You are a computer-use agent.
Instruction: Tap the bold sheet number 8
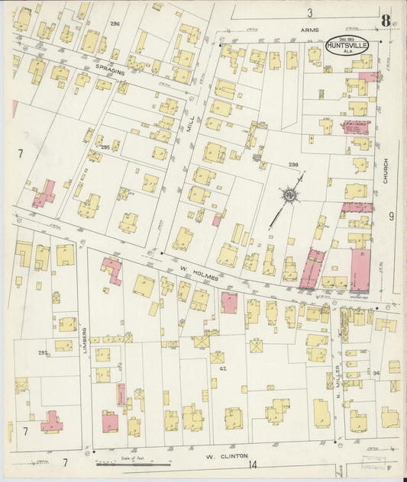pyautogui.click(x=386, y=21)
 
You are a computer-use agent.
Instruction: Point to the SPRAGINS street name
pyautogui.click(x=110, y=67)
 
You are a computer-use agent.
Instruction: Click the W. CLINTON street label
pyautogui.click(x=227, y=456)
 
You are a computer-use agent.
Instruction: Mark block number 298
pyautogui.click(x=292, y=164)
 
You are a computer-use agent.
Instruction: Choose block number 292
pyautogui.click(x=44, y=352)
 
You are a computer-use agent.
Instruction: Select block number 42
pyautogui.click(x=223, y=368)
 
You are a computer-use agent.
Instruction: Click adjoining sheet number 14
pyautogui.click(x=253, y=464)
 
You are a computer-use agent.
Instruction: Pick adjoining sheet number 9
pyautogui.click(x=391, y=217)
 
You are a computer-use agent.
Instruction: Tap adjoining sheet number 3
pyautogui.click(x=309, y=12)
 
